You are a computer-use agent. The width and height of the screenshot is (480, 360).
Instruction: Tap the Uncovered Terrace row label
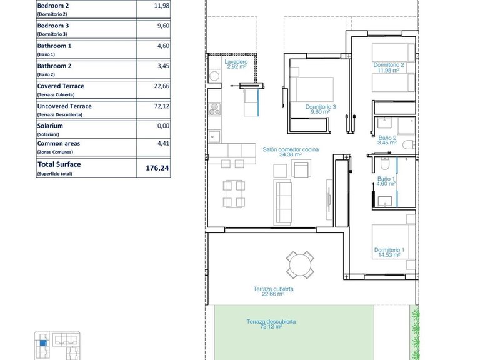[x=64, y=106]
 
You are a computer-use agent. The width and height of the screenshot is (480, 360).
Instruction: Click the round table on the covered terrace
[x=301, y=264]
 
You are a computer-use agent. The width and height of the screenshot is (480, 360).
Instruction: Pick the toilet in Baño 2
[x=407, y=145]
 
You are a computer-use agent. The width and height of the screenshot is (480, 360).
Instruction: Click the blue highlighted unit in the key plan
[x=42, y=342]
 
